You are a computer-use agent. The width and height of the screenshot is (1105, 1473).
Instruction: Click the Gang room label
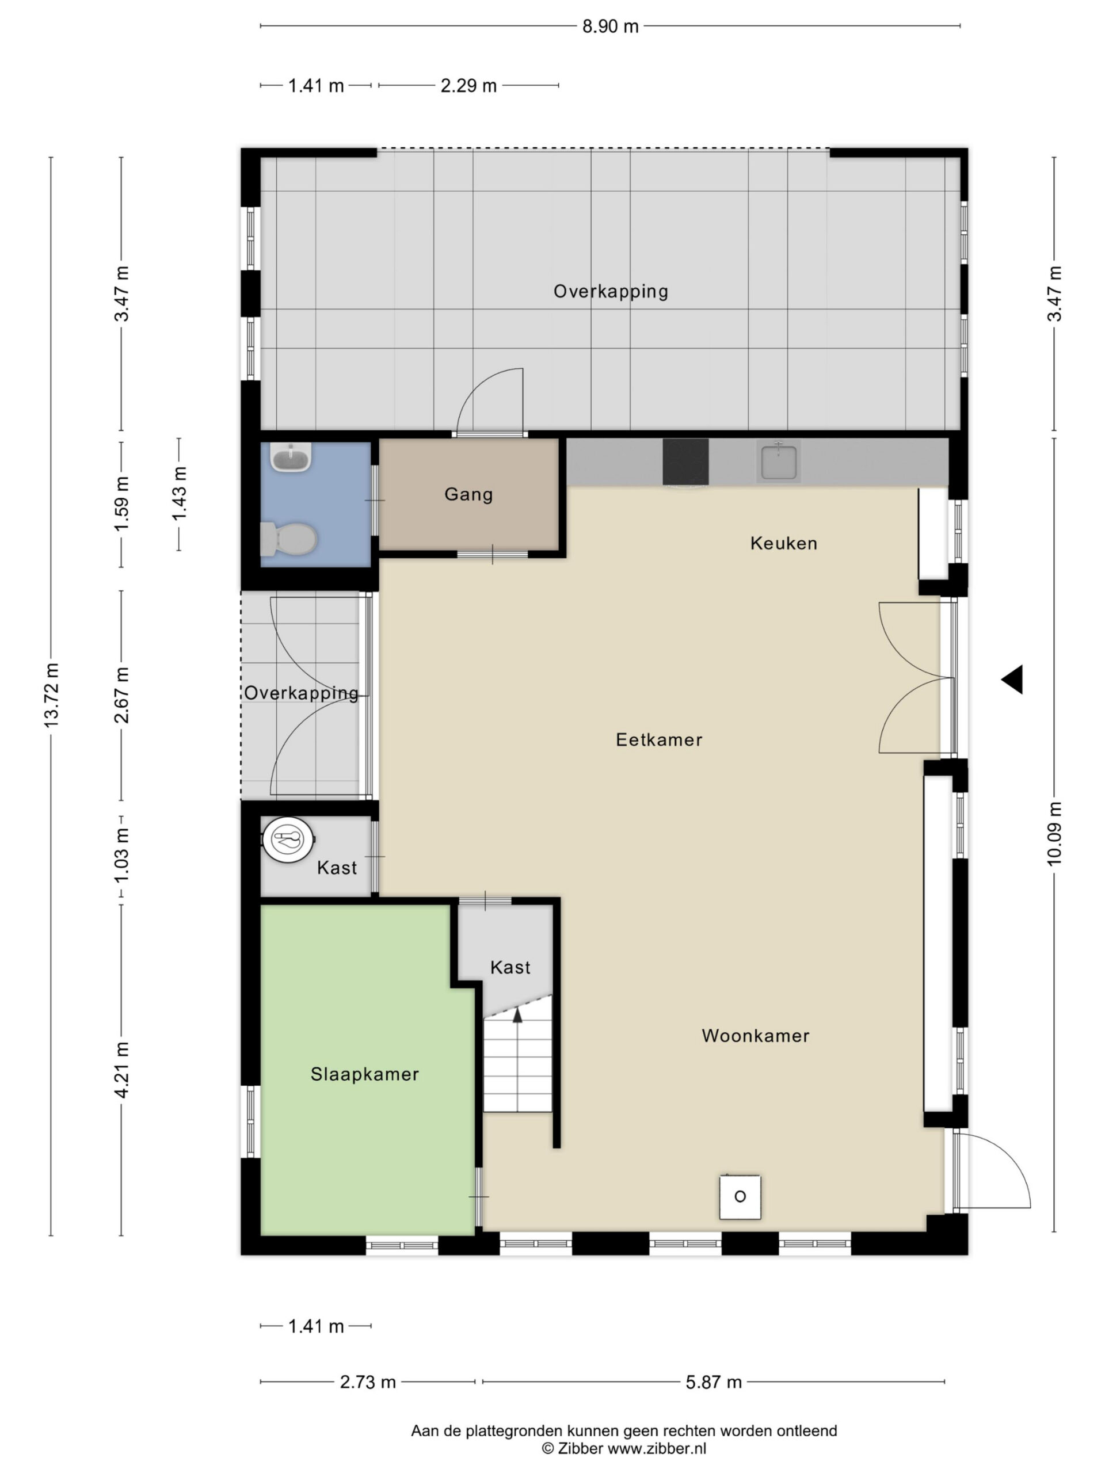(468, 495)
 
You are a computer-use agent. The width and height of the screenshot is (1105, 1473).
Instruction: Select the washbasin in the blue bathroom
(291, 457)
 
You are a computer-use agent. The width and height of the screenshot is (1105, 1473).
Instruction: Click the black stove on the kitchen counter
(685, 461)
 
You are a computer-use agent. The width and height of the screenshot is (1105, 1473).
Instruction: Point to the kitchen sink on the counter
(778, 461)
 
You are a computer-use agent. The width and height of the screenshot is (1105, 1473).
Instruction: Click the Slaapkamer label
(364, 1074)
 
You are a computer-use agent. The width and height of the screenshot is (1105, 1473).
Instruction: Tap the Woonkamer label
(755, 1036)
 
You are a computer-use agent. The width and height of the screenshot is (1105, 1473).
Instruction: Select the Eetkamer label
(659, 740)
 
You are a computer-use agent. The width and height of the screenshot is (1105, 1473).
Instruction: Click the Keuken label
(783, 543)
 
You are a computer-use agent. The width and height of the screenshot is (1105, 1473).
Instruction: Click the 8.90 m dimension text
(610, 26)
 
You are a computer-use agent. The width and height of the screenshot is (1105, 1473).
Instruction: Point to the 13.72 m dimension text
(52, 694)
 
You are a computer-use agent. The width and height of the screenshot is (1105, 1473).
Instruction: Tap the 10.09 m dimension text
(1054, 834)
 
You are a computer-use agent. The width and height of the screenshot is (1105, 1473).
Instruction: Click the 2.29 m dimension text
(468, 86)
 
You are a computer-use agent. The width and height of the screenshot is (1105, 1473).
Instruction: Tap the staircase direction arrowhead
(517, 1014)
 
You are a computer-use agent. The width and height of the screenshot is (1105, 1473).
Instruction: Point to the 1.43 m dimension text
(179, 494)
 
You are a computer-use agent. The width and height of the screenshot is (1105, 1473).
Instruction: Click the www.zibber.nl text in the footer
(657, 1448)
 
